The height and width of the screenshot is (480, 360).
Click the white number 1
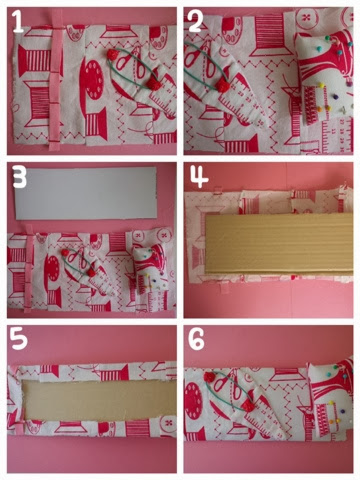pyautogui.click(x=17, y=22)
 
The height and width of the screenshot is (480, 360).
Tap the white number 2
pyautogui.click(x=197, y=21)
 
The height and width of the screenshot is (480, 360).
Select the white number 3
pyautogui.click(x=20, y=177)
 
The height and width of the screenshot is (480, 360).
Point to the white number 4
pyautogui.click(x=199, y=177)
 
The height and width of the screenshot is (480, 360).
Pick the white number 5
pyautogui.click(x=19, y=339)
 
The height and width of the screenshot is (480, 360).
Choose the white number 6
pyautogui.click(x=196, y=339)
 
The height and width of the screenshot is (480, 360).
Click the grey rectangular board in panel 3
pyautogui.click(x=86, y=193)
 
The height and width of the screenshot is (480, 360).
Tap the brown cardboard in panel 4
pyautogui.click(x=279, y=243)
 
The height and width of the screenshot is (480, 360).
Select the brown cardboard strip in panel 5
pyautogui.click(x=99, y=400)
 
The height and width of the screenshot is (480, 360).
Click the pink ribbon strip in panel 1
pyautogui.click(x=56, y=80)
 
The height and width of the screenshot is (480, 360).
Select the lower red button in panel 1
pyautogui.click(x=154, y=83)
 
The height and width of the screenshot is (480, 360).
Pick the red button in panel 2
pyautogui.click(x=223, y=86)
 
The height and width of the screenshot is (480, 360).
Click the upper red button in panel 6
pyautogui.click(x=210, y=377)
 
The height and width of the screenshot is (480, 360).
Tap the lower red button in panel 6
pyautogui.click(x=247, y=405)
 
